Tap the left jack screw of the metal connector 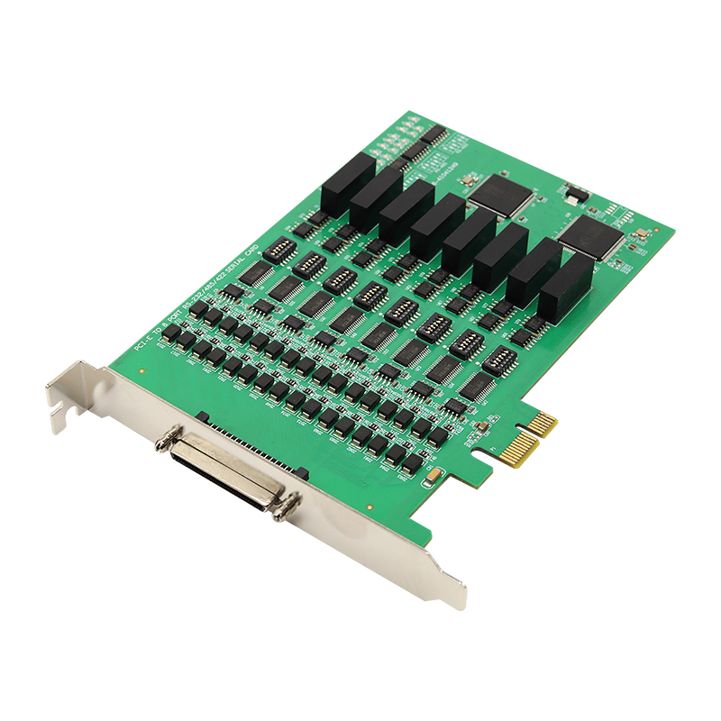[x=165, y=442]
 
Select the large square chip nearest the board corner [x=592, y=238]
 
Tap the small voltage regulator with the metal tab [x=574, y=192]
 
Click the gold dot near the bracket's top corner [x=142, y=370]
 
